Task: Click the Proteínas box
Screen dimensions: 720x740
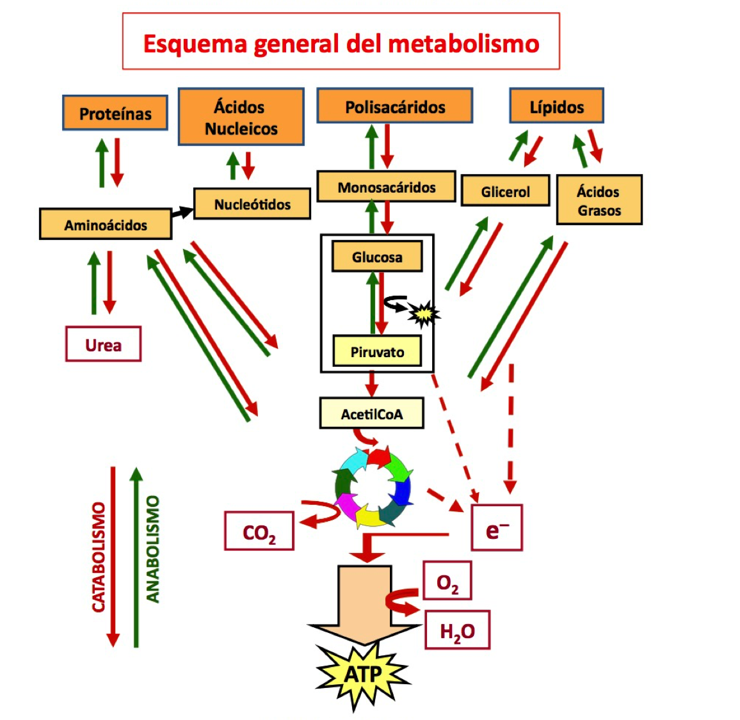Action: pyautogui.click(x=115, y=113)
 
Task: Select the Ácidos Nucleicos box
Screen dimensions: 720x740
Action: pyautogui.click(x=241, y=118)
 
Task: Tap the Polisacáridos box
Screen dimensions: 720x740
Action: pyautogui.click(x=395, y=106)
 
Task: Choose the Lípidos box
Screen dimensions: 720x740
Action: pyautogui.click(x=556, y=106)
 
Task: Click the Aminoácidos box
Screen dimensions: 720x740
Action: pyautogui.click(x=106, y=225)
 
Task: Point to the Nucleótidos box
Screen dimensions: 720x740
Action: pyautogui.click(x=252, y=204)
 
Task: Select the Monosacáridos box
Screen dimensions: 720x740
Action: pyautogui.click(x=387, y=187)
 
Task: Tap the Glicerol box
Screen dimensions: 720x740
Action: pyautogui.click(x=505, y=191)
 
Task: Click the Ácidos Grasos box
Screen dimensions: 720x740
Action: pyautogui.click(x=599, y=200)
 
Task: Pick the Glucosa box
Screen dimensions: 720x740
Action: pyautogui.click(x=377, y=257)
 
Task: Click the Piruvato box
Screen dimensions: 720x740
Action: pyautogui.click(x=377, y=351)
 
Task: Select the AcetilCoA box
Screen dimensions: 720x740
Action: pyautogui.click(x=371, y=414)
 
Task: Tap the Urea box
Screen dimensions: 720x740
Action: pyautogui.click(x=103, y=345)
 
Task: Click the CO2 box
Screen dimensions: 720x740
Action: pyautogui.click(x=259, y=531)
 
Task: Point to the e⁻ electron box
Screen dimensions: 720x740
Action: pyautogui.click(x=497, y=529)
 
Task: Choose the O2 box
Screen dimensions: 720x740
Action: pyautogui.click(x=447, y=581)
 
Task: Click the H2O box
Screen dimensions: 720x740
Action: pyautogui.click(x=457, y=631)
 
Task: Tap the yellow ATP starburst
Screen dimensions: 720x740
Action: pyautogui.click(x=363, y=674)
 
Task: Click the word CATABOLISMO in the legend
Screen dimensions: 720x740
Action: pyautogui.click(x=98, y=557)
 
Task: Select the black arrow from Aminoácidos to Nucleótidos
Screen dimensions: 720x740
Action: pyautogui.click(x=182, y=212)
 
